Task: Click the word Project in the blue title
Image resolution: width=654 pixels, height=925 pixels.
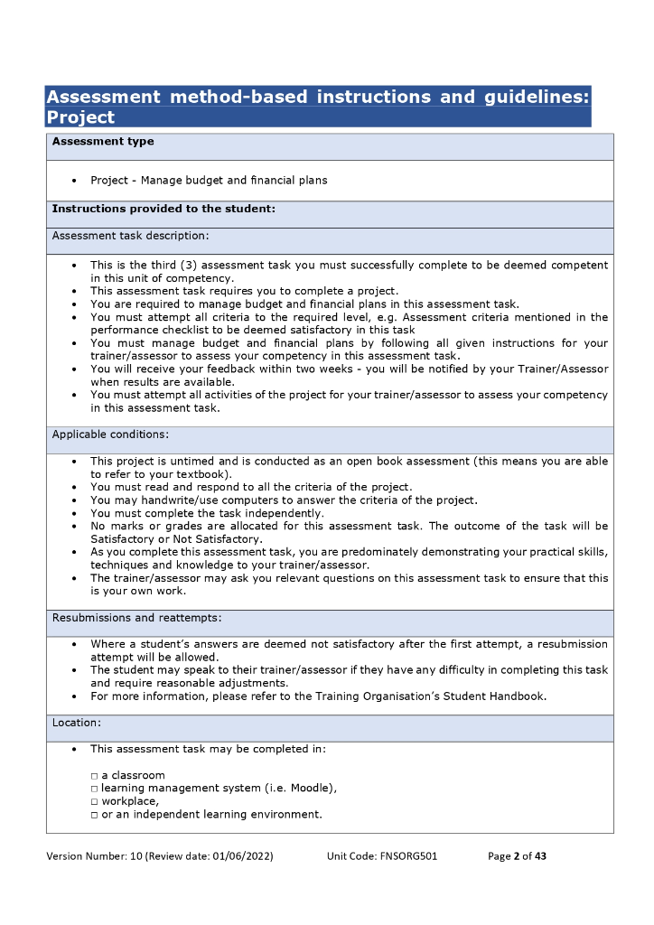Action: point(80,117)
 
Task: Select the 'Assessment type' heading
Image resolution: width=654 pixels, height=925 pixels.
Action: point(103,142)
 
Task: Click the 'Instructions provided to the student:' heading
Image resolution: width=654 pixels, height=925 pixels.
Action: point(163,209)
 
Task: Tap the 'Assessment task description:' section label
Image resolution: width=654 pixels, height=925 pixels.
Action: point(130,236)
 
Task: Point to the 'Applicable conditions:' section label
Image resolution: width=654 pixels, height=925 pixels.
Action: point(110,434)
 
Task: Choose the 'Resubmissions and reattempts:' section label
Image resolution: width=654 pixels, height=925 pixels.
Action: point(136,618)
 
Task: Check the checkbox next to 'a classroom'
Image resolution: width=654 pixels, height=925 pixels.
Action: point(94,776)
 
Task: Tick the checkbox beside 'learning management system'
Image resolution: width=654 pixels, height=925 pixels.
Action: point(94,789)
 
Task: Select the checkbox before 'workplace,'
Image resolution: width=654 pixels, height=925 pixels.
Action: point(94,801)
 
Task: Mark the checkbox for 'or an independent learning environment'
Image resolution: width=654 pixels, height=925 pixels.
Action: point(94,815)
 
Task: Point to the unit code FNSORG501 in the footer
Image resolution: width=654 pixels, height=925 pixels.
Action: point(407,856)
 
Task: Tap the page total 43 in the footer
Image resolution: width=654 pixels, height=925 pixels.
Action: point(540,856)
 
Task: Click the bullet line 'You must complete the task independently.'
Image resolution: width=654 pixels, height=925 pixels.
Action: point(207,513)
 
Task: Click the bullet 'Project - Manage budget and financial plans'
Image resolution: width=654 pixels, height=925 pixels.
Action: point(209,181)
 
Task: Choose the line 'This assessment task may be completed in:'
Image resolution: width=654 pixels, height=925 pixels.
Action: point(208,750)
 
